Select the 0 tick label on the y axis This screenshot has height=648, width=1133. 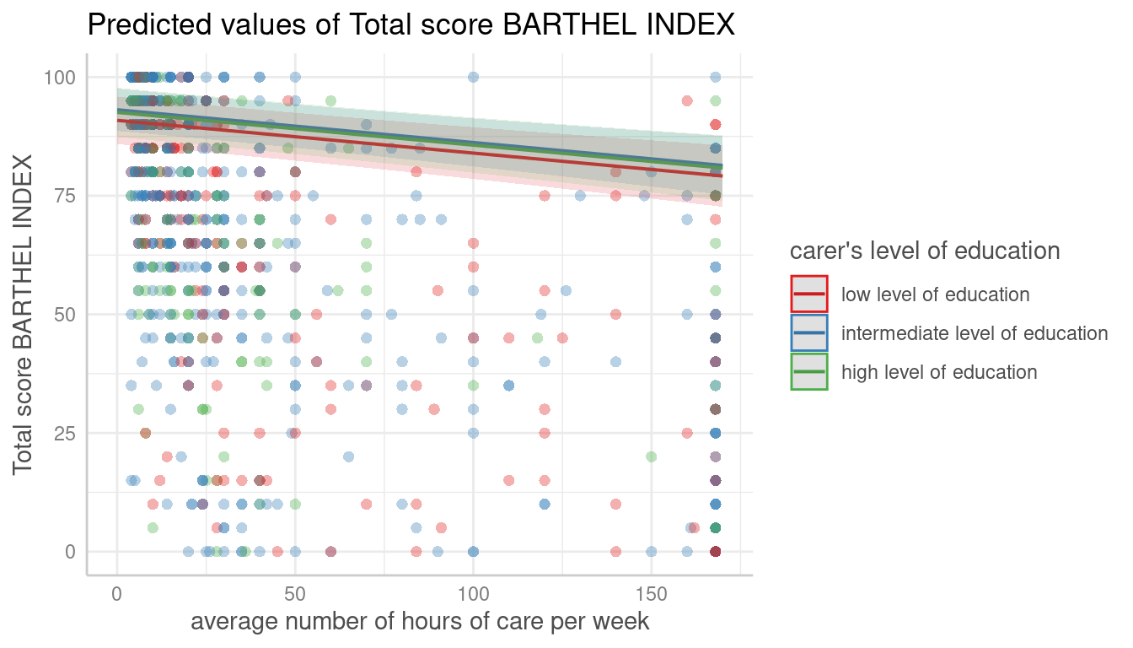[72, 552]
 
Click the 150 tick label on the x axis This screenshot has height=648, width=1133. [651, 596]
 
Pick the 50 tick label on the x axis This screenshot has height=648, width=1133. [295, 596]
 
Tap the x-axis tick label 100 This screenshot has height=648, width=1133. [473, 596]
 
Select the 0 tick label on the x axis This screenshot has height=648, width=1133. [117, 596]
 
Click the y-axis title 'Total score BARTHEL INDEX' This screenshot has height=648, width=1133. [24, 314]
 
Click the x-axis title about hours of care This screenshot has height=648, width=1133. [420, 623]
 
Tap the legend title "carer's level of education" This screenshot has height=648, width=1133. [925, 251]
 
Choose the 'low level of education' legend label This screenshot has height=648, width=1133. [935, 294]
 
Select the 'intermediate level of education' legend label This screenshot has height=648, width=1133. [975, 333]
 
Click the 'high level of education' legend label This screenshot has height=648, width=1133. [939, 372]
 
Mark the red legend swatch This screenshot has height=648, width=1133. [809, 294]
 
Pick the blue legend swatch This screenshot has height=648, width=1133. [809, 333]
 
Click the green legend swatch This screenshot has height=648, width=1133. [809, 372]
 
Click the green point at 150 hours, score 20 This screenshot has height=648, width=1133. [651, 456]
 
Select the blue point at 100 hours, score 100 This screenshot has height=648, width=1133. [473, 77]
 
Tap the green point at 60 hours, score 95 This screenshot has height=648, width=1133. [330, 101]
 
